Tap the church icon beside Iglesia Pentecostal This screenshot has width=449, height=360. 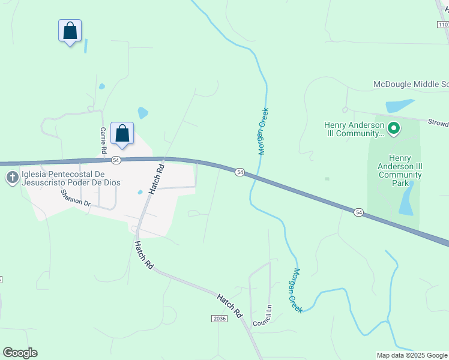coord(11,178)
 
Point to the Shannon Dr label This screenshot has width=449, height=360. coord(75,199)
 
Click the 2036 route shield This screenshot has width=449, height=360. coord(220,319)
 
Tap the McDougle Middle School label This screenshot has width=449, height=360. coord(411,85)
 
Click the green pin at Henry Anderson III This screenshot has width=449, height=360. coord(394,128)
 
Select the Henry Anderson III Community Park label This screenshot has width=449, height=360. coord(400,170)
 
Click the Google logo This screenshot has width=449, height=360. coord(20,353)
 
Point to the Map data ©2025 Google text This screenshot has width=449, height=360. coord(412,355)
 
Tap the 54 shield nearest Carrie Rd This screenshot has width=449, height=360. coord(116,160)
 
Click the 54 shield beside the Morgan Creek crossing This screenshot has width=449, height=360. coord(240,172)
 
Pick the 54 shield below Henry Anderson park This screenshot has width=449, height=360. coord(358,212)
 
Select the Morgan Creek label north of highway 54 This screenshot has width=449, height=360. coord(263,131)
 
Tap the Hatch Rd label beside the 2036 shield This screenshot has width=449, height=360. coord(229,305)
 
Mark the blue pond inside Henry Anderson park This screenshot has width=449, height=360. coord(406,200)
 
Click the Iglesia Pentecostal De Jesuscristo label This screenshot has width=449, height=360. coord(71,179)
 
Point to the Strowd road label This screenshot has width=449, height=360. coord(438,124)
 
